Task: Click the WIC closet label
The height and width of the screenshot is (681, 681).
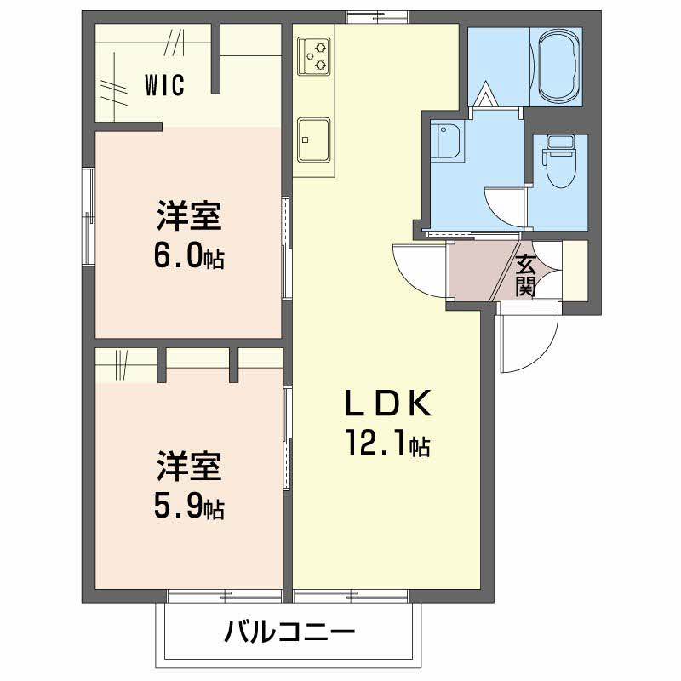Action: [x=163, y=85]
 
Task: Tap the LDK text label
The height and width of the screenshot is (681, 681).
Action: [x=388, y=403]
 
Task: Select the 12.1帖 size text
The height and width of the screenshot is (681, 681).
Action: [x=386, y=443]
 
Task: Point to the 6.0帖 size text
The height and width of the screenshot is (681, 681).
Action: [x=189, y=257]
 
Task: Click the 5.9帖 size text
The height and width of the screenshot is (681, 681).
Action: [x=189, y=507]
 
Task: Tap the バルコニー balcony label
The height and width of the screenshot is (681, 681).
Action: [x=289, y=633]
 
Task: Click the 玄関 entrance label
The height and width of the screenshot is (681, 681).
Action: [x=525, y=273]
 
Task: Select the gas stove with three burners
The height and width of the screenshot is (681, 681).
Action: [x=313, y=55]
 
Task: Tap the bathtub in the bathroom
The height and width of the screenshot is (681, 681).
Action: [x=558, y=66]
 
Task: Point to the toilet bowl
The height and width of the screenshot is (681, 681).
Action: [x=559, y=170]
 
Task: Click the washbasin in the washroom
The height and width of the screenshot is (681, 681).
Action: [x=447, y=141]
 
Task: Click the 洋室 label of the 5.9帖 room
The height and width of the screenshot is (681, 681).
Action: [x=189, y=468]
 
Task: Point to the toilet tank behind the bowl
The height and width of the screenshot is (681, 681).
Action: [x=559, y=143]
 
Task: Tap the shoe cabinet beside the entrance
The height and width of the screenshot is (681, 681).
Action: [x=575, y=270]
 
